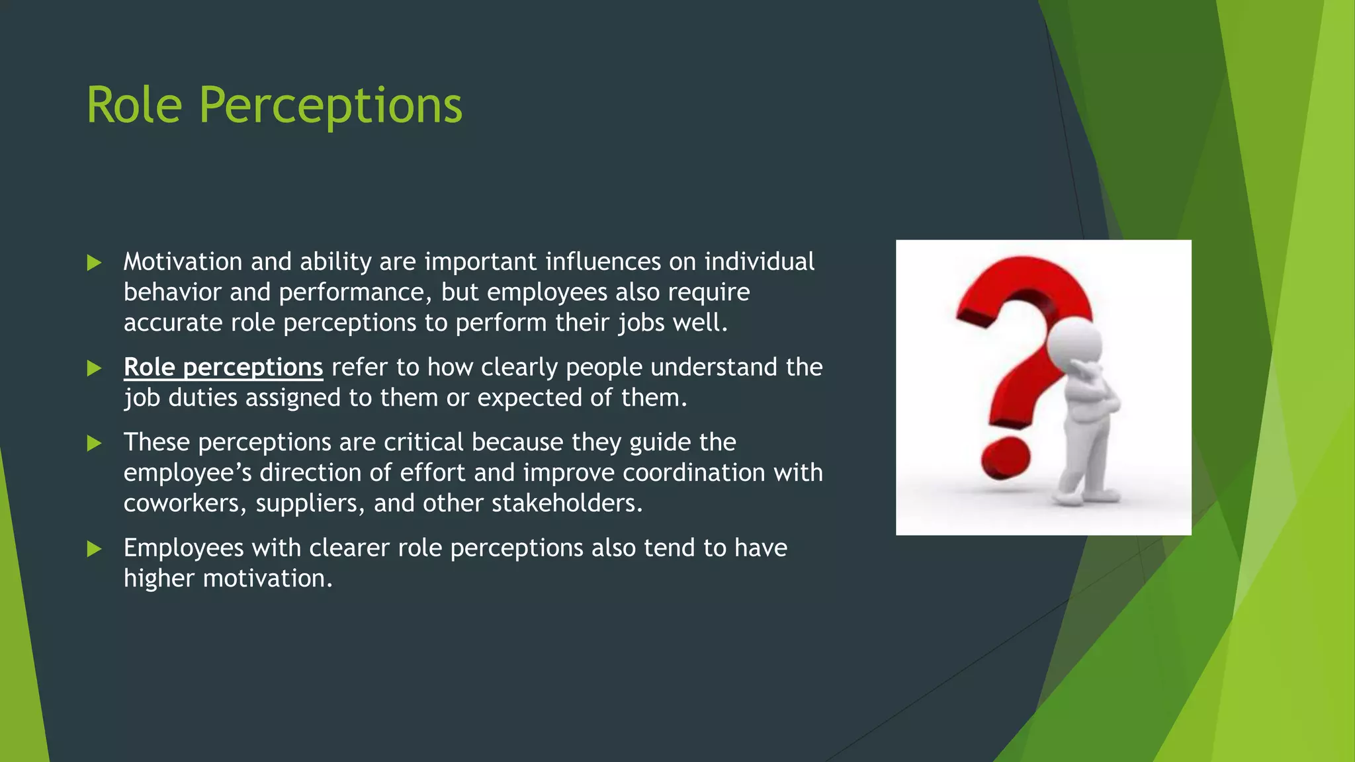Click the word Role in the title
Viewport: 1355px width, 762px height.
pyautogui.click(x=134, y=106)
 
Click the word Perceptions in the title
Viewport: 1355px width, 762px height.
pyautogui.click(x=330, y=106)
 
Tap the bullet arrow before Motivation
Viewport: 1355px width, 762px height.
pyautogui.click(x=95, y=263)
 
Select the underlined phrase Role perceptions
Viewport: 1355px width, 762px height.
pyautogui.click(x=223, y=368)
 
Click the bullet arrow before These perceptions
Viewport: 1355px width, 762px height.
pyautogui.click(x=95, y=443)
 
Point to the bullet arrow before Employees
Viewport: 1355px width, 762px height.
pyautogui.click(x=95, y=549)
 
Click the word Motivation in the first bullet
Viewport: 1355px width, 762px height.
pyautogui.click(x=183, y=262)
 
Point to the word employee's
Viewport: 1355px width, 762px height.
pyautogui.click(x=187, y=473)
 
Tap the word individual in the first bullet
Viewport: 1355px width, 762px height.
pyautogui.click(x=759, y=262)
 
